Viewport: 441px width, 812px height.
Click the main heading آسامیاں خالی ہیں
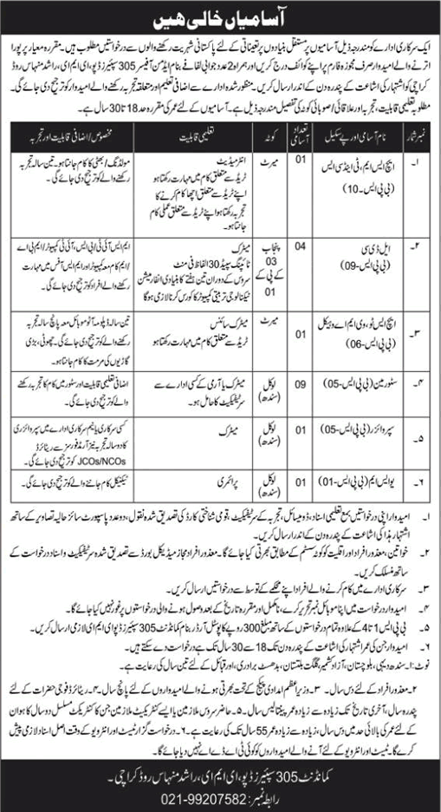(220, 16)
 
